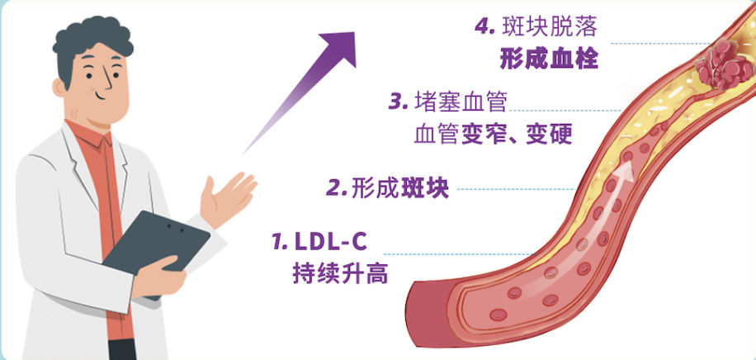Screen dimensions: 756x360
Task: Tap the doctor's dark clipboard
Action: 157,250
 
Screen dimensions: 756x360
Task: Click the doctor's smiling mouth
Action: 102,95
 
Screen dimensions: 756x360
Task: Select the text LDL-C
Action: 330,242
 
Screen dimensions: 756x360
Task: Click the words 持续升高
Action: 340,274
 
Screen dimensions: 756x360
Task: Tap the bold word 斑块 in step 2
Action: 425,189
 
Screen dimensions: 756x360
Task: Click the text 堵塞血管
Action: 461,102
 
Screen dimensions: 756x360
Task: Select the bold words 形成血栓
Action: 549,59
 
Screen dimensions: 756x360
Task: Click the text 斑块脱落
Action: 550,27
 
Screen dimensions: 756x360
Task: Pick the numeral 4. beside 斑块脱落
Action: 485,26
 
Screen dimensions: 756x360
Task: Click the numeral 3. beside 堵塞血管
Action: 399,102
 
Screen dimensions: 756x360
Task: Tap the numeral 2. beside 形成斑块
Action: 337,189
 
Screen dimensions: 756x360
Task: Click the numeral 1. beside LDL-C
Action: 280,242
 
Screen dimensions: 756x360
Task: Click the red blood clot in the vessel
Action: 724,64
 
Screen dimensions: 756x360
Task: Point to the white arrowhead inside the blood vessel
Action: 626,171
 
